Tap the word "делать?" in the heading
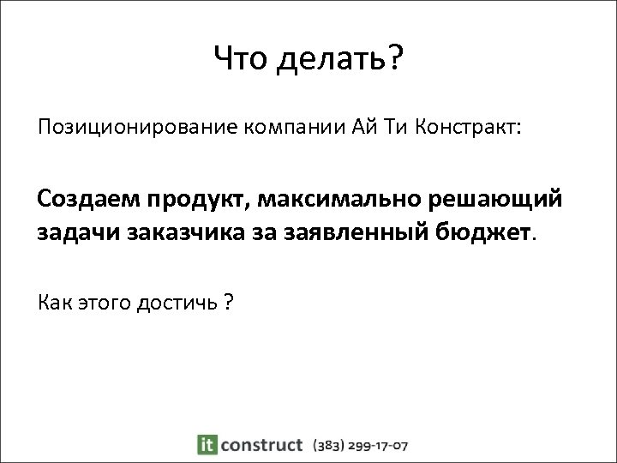pyautogui.click(x=338, y=60)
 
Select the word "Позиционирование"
pyautogui.click(x=136, y=129)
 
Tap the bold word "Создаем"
pyautogui.click(x=89, y=200)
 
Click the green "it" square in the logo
pyautogui.click(x=206, y=445)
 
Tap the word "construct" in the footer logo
pyautogui.click(x=261, y=445)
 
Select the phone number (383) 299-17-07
pyautogui.click(x=361, y=445)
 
